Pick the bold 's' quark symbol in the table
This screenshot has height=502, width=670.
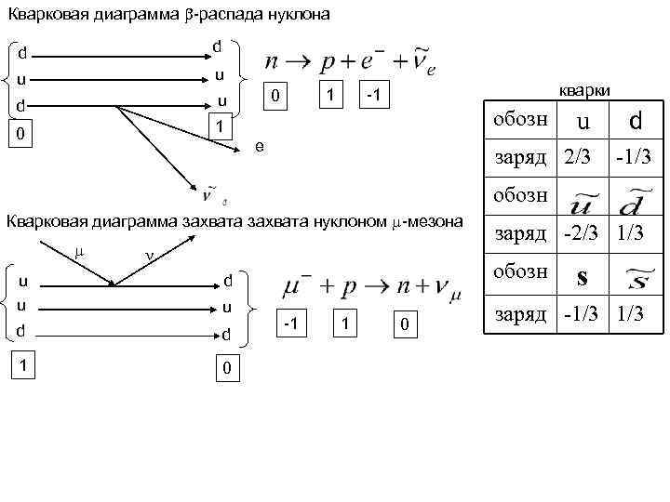pos(582,277)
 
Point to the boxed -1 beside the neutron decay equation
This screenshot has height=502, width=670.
pos(372,96)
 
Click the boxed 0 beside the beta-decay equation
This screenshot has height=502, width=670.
pos(274,97)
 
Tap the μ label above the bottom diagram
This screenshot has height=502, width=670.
pos(78,250)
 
